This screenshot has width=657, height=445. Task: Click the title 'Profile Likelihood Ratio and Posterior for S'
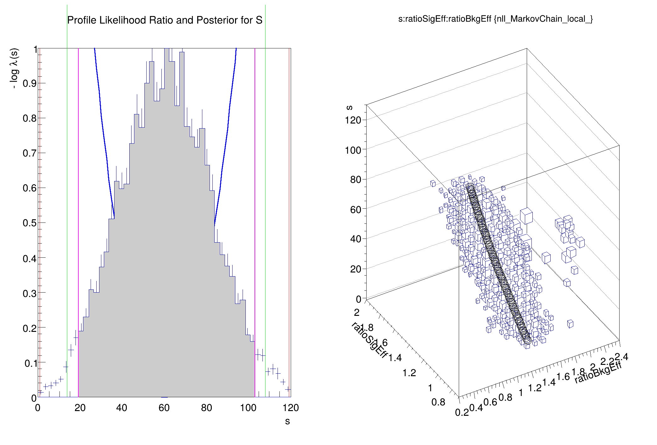[165, 20]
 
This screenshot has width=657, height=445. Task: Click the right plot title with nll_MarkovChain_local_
[495, 19]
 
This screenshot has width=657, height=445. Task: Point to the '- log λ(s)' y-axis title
[14, 68]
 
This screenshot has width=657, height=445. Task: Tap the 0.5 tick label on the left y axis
[30, 223]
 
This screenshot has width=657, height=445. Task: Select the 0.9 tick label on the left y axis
[30, 83]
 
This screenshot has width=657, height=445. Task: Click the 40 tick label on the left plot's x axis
[121, 408]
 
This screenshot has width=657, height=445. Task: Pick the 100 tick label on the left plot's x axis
[248, 408]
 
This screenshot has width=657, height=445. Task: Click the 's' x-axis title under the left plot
[287, 421]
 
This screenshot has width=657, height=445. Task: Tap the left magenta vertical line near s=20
[78, 189]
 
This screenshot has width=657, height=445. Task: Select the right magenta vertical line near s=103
[255, 189]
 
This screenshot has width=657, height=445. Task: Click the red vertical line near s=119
[289, 189]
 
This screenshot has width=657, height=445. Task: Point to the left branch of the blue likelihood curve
[104, 132]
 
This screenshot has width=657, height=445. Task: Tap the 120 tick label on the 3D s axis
[353, 120]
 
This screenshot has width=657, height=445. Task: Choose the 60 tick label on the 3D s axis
[356, 209]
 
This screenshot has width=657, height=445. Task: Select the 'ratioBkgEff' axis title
[598, 373]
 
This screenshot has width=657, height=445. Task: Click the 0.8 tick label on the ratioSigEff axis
[438, 402]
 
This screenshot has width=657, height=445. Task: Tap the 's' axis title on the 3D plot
[349, 107]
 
